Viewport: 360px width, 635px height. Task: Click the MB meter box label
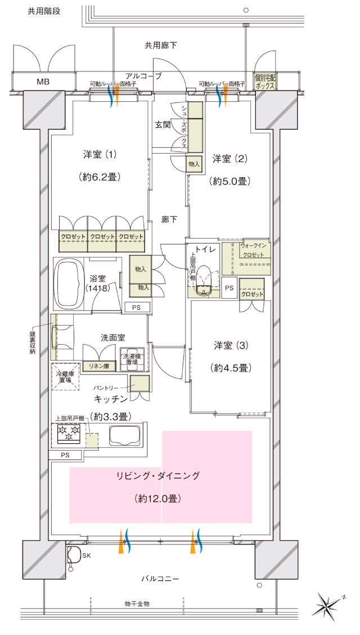(43, 82)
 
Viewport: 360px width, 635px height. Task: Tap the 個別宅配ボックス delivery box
(264, 82)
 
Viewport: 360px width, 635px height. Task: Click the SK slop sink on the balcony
(73, 555)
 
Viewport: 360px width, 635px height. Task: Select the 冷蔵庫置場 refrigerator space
(66, 376)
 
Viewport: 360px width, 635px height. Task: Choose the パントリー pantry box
(139, 384)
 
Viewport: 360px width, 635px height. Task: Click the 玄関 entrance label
(163, 124)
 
